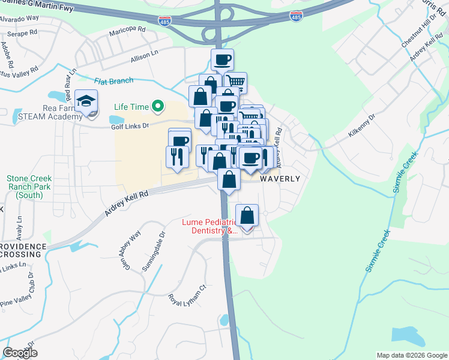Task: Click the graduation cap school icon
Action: pos(86,100)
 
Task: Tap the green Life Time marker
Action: pos(158,107)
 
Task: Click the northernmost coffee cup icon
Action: pos(222,59)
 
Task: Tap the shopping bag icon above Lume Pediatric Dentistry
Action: pos(247,215)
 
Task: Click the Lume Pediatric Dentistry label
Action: pos(210,226)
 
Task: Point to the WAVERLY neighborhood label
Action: pos(279,179)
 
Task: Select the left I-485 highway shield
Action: pos(164,21)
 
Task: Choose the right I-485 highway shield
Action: pos(295,16)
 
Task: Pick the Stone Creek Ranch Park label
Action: pos(29,187)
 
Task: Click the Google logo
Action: pos(20,353)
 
